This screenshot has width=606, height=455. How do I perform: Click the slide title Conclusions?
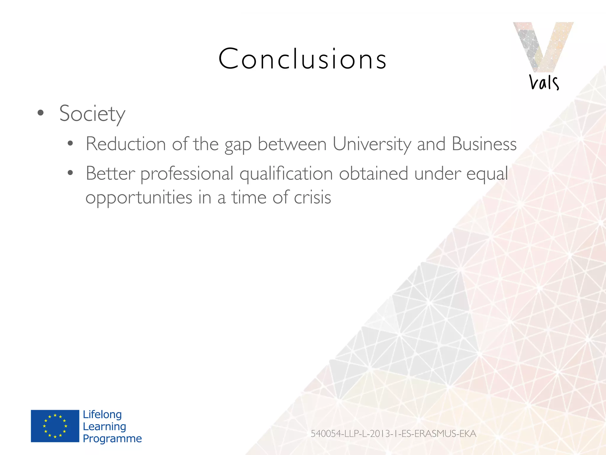point(302,59)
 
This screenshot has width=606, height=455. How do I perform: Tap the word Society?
point(92,114)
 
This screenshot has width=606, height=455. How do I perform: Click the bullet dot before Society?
point(41,113)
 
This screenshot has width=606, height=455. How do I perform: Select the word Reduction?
point(126,144)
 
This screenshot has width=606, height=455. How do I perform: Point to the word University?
point(372,144)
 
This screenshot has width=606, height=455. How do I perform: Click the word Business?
point(484,144)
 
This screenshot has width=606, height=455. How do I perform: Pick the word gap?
point(238,145)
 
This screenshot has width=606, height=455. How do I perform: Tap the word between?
point(292,144)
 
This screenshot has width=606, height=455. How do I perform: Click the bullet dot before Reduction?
point(70,144)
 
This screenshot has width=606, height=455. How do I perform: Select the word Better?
point(110,174)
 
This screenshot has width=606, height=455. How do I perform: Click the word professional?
point(187,174)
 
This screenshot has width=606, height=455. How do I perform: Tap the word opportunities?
point(139,198)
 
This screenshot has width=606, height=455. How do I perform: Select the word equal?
point(487,174)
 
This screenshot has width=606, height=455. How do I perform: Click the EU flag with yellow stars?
point(55,426)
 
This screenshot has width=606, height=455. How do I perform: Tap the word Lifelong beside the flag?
point(102,414)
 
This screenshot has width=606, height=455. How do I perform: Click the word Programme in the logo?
point(112,438)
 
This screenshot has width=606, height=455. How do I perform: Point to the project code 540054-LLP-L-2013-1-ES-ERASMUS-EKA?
point(393,434)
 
